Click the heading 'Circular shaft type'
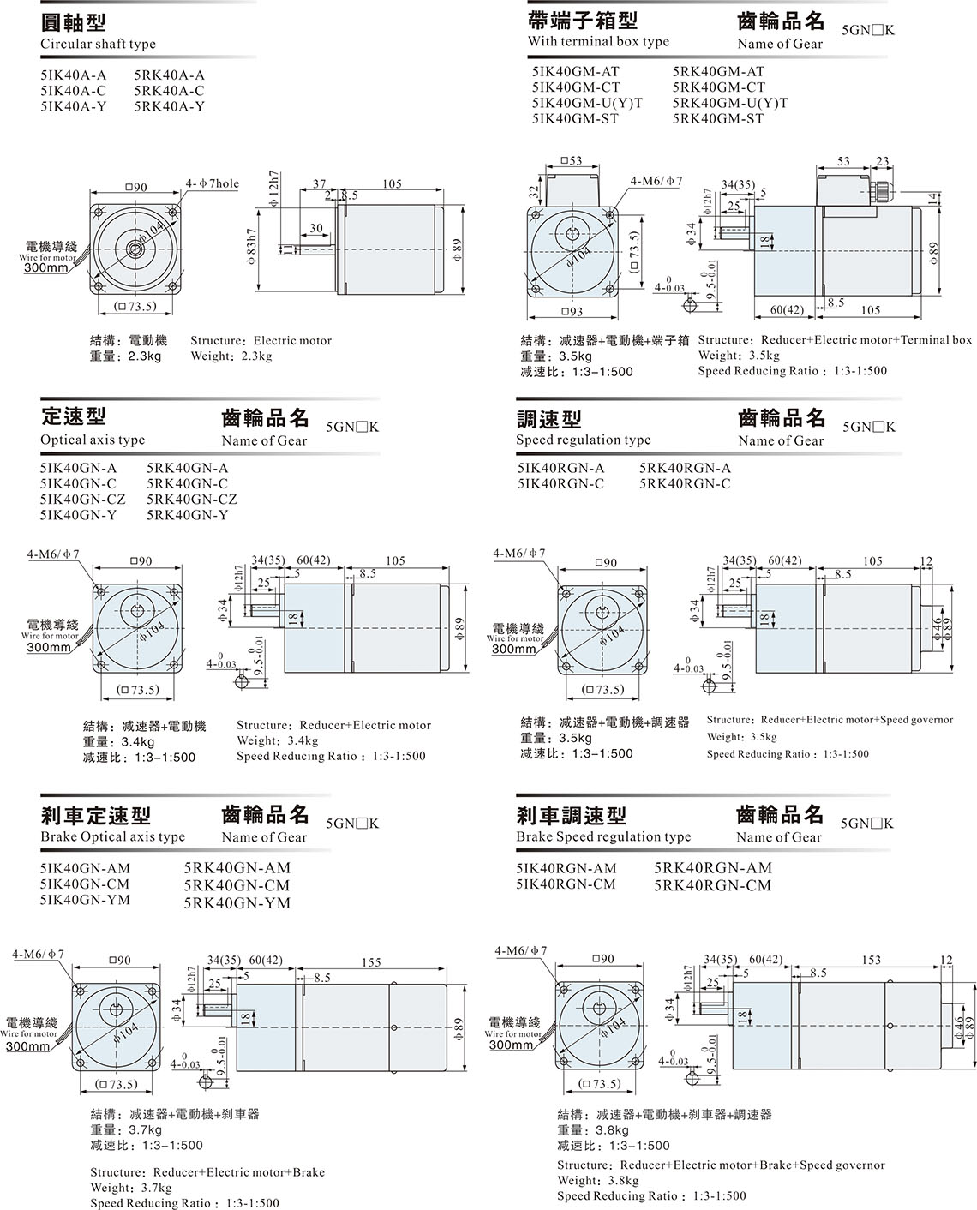(98, 44)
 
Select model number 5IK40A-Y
(73, 106)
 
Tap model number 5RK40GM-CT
(718, 87)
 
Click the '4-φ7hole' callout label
(213, 183)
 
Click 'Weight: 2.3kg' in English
(231, 356)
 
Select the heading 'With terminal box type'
(598, 41)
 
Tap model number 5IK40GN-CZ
(82, 499)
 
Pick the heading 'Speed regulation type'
(583, 440)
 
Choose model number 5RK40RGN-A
(685, 468)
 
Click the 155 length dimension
(371, 962)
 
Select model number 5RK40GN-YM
(237, 902)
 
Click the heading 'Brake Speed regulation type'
(602, 836)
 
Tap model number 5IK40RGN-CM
(566, 884)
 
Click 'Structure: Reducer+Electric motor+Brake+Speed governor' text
(721, 1165)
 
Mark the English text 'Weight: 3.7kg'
(130, 1188)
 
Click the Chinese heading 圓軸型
(73, 22)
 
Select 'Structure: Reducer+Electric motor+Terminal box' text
(835, 340)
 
